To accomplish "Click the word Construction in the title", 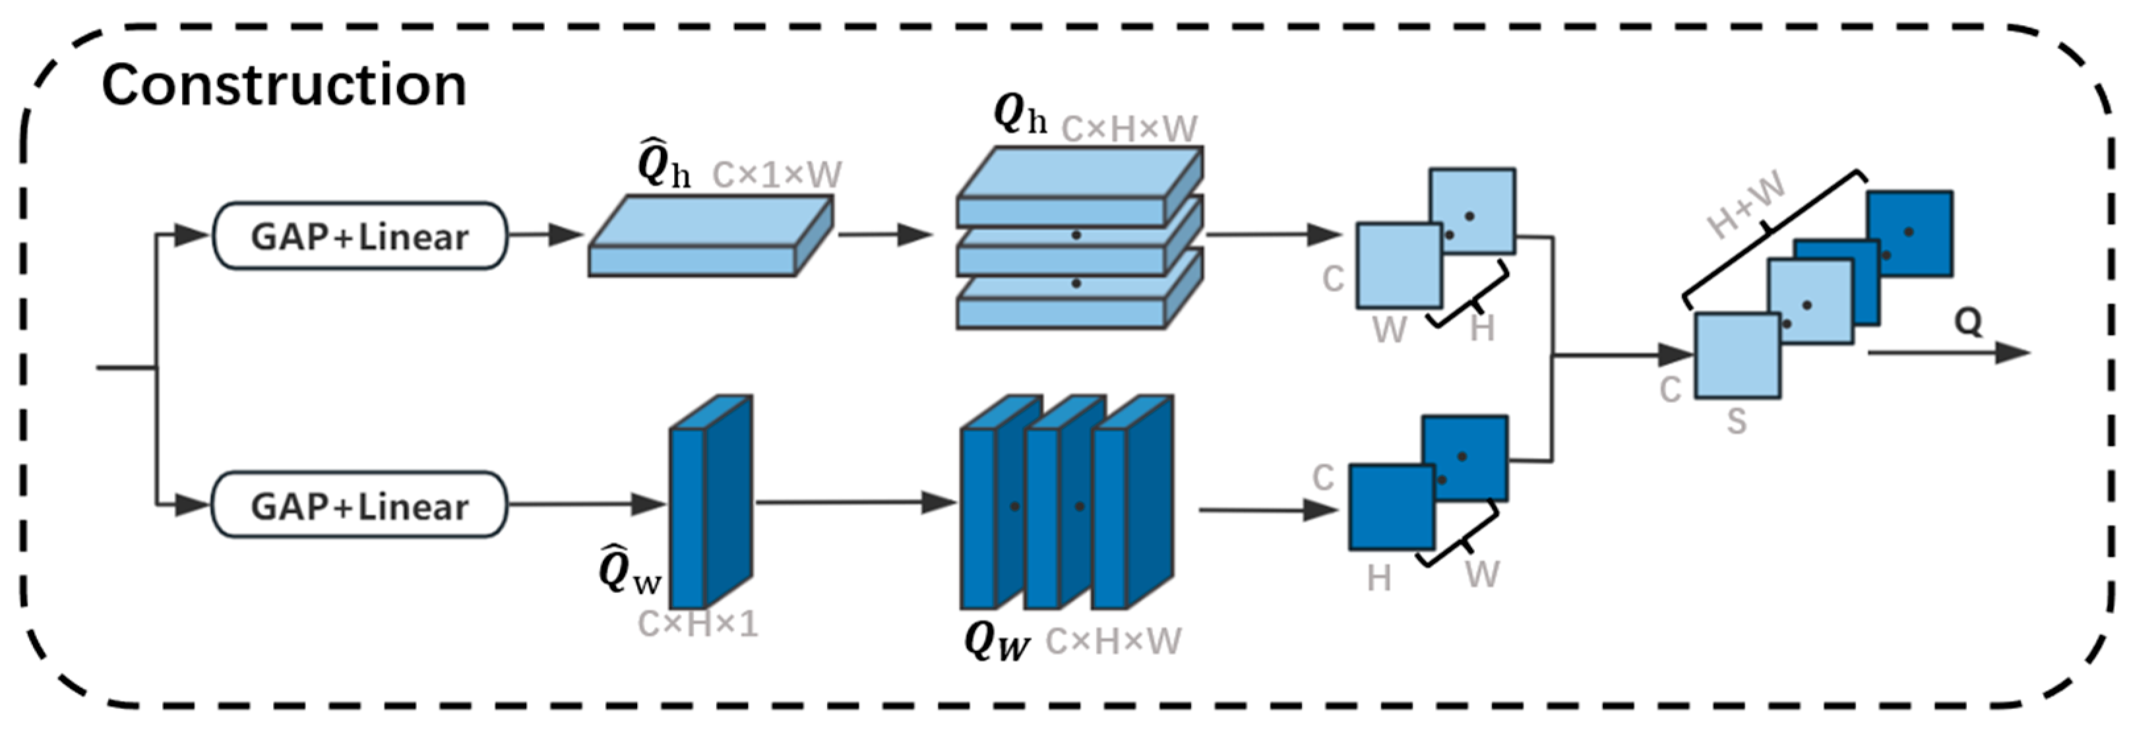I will [284, 85].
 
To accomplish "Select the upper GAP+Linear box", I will [359, 236].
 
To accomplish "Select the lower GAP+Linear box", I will [359, 505].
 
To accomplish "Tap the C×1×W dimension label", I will [777, 174].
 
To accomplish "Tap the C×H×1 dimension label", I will [698, 624].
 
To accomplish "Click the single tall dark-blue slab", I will [709, 505].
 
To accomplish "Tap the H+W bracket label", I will [1746, 206].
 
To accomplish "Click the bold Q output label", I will [1968, 322].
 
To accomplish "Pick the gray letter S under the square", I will [1737, 422].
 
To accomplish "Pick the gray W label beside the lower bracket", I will [1483, 574].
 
